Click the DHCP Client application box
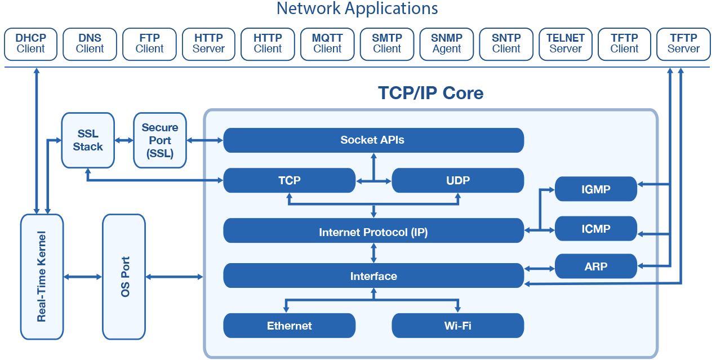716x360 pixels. [30, 43]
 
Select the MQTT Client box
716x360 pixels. [327, 43]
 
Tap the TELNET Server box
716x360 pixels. [565, 43]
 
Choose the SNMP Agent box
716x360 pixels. [447, 43]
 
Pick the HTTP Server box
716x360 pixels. [208, 43]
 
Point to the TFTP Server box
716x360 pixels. [683, 43]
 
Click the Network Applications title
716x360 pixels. [357, 9]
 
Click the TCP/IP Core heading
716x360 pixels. [430, 92]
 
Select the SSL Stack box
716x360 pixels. [87, 140]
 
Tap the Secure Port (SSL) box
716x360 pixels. [159, 140]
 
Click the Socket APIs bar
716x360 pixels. [373, 140]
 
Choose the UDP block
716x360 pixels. [457, 180]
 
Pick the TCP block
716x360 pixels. [289, 180]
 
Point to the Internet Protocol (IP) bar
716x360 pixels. [373, 232]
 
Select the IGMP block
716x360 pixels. [595, 189]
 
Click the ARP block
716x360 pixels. [595, 266]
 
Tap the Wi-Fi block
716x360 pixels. [457, 326]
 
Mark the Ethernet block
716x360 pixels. [289, 326]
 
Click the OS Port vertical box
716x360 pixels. [124, 277]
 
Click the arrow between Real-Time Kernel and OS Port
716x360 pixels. [83, 277]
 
